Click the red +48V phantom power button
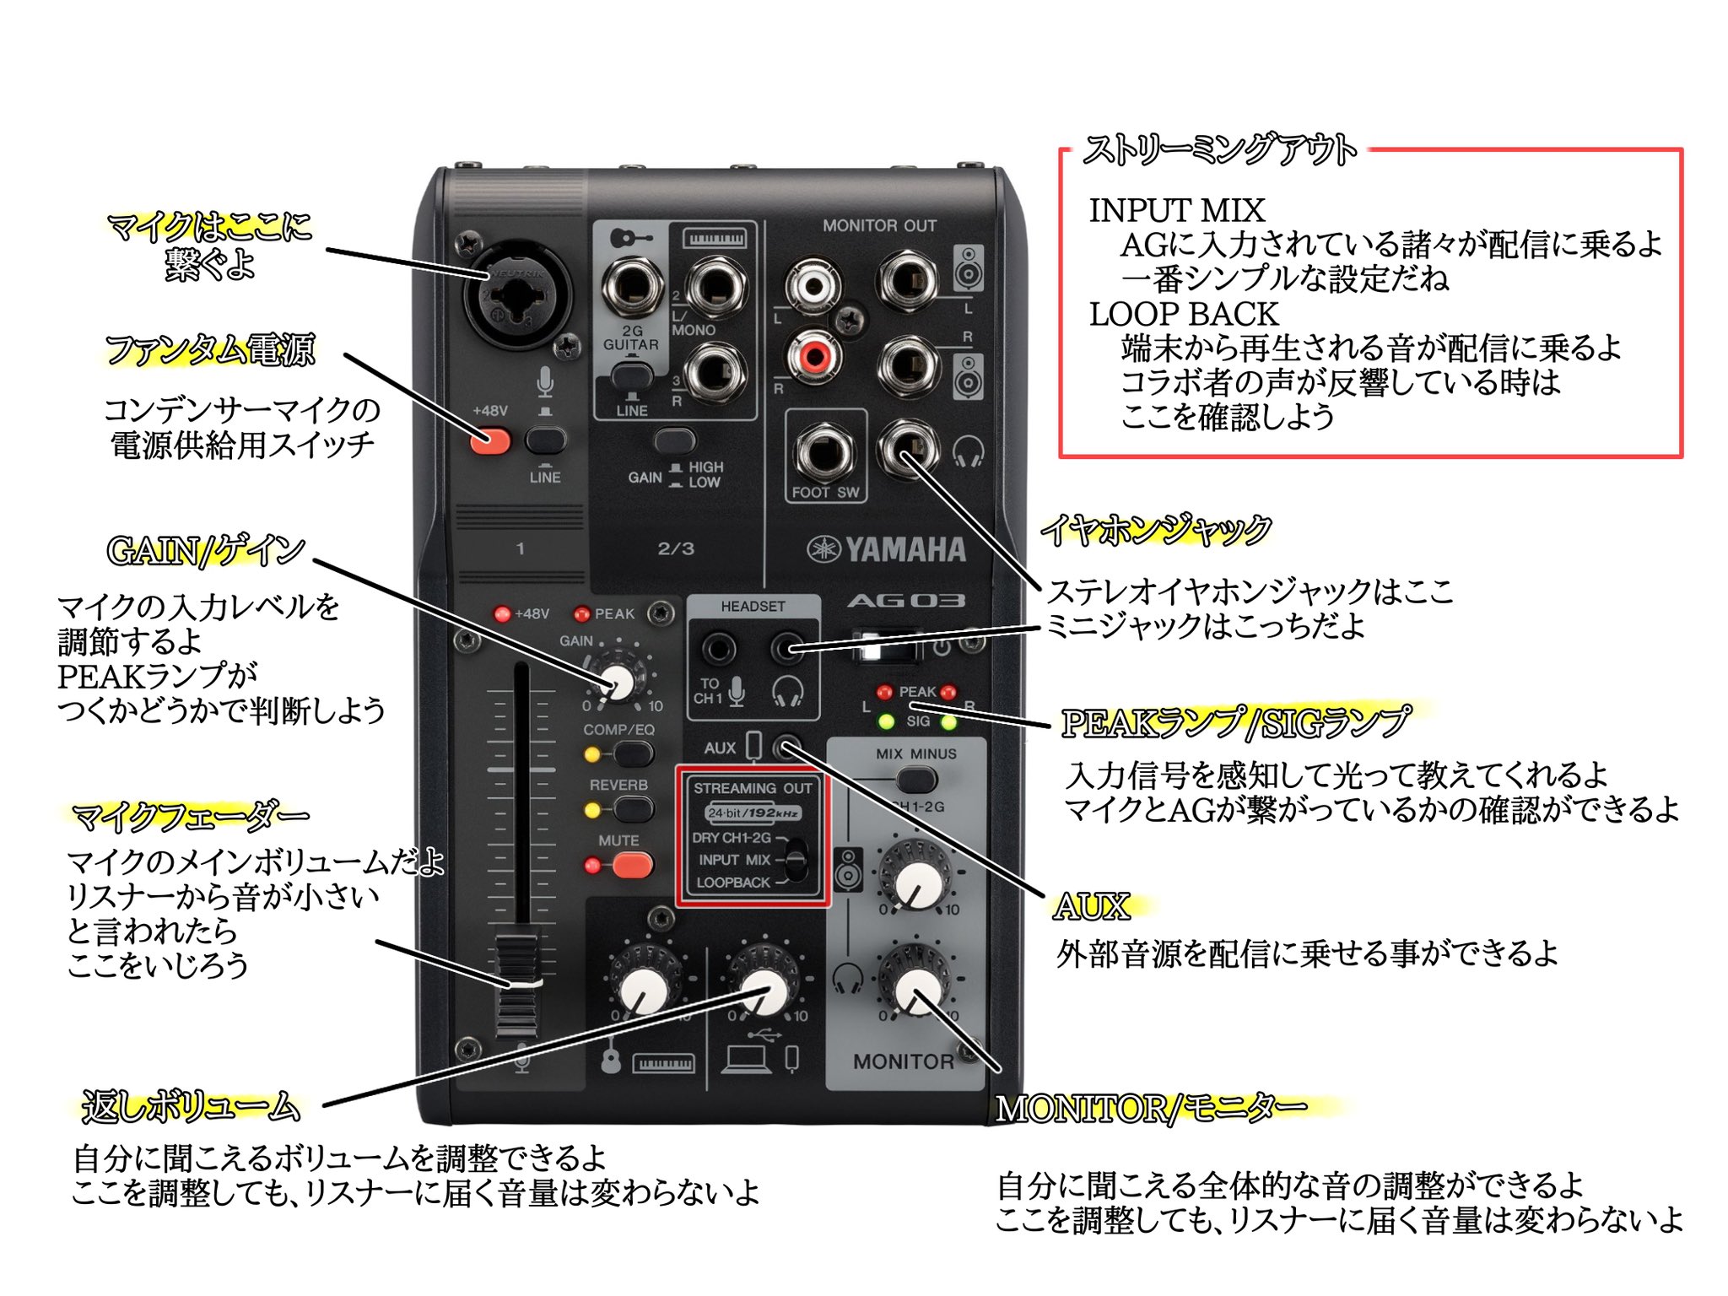pos(489,440)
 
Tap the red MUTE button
pos(632,865)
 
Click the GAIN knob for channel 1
pos(618,682)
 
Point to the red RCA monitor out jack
pos(813,355)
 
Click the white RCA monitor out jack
pos(813,286)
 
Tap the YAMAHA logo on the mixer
pos(886,549)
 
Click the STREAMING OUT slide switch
pos(795,861)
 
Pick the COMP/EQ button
pos(632,753)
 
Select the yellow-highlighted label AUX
pos(1091,907)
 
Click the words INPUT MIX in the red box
pos(1176,211)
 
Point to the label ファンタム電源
pos(210,350)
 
